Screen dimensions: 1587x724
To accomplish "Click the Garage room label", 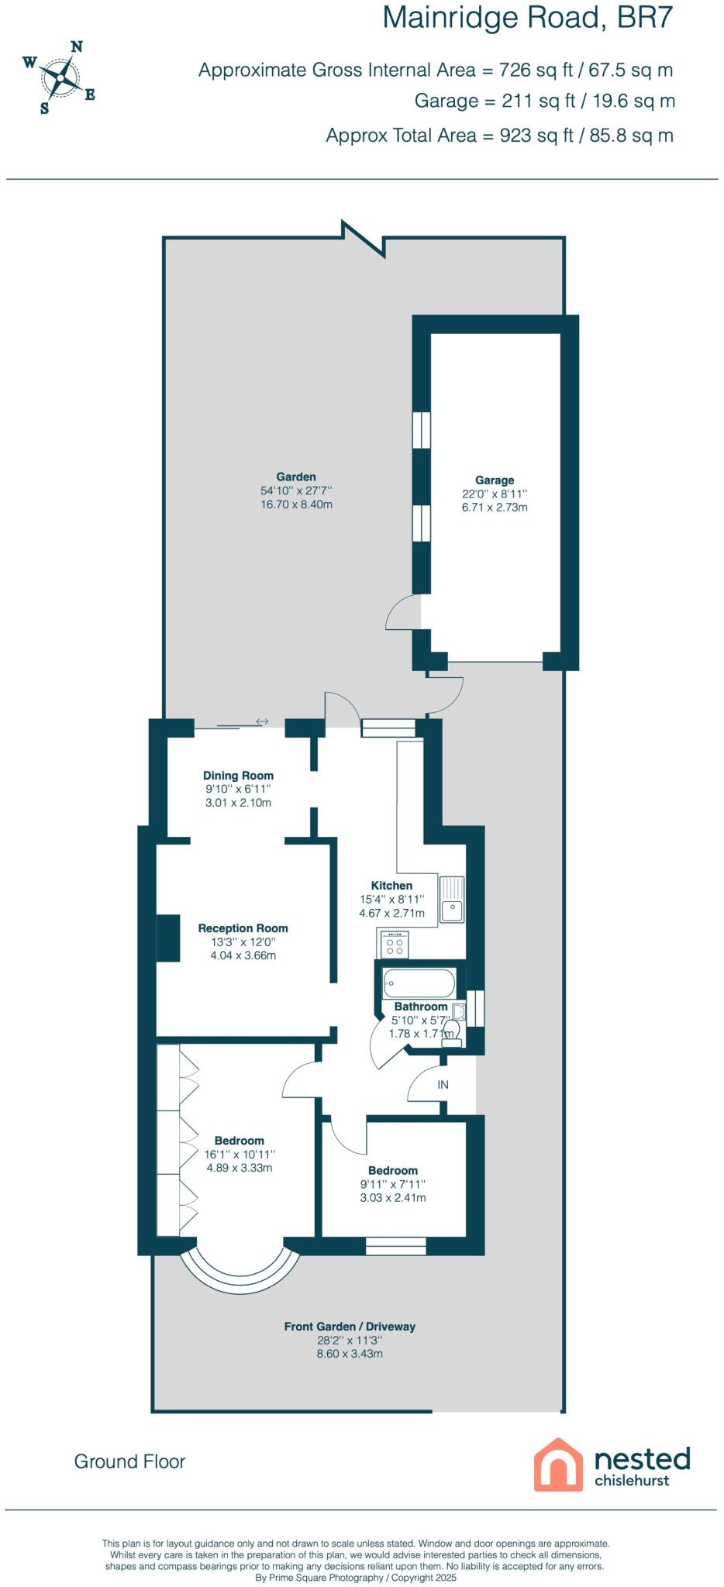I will pyautogui.click(x=495, y=480).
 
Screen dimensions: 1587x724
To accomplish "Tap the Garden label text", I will pyautogui.click(x=296, y=477).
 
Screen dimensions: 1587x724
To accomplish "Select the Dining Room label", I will pyautogui.click(x=238, y=776).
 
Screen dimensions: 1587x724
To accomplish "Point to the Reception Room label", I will pyautogui.click(x=243, y=928).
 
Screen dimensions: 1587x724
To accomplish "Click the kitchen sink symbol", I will pyautogui.click(x=452, y=899).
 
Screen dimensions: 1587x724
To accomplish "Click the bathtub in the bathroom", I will pyautogui.click(x=418, y=983).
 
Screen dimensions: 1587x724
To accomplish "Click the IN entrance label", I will pyautogui.click(x=443, y=1085).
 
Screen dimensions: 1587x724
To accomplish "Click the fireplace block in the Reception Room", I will pyautogui.click(x=168, y=938).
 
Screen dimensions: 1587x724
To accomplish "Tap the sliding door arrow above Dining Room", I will pyautogui.click(x=262, y=721).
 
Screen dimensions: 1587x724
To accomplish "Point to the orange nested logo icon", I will pyautogui.click(x=558, y=1464).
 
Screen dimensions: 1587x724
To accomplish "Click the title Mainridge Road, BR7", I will pyautogui.click(x=527, y=18).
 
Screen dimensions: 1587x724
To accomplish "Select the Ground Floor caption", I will pyautogui.click(x=129, y=1461).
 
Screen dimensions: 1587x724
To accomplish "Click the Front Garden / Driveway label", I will pyautogui.click(x=350, y=1327).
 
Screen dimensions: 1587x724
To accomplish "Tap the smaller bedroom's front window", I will pyautogui.click(x=395, y=1245).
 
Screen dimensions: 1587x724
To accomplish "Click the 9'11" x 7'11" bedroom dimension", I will pyautogui.click(x=393, y=1184).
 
